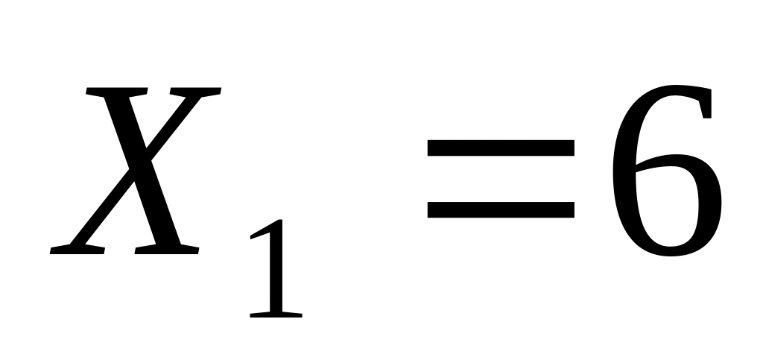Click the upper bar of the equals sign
501,149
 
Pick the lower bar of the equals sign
501,209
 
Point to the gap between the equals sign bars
501,179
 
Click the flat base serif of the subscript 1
276,315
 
